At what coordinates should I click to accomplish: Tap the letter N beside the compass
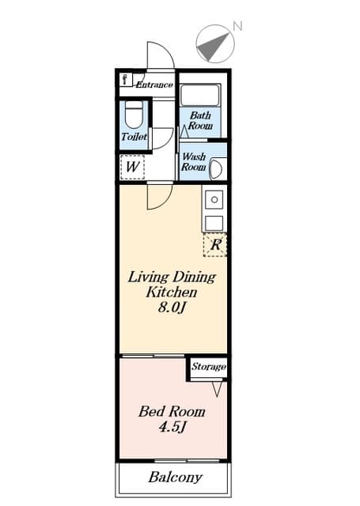237,27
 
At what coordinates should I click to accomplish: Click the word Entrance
154,85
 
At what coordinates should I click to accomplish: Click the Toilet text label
134,137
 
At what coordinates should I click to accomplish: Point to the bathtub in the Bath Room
201,96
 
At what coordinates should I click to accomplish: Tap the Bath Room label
200,120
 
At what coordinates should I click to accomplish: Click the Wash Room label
194,162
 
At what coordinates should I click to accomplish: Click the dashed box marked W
132,167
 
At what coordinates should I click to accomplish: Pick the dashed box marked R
215,245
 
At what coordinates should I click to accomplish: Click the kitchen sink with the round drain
214,201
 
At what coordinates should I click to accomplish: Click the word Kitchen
169,292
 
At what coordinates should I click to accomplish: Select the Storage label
209,367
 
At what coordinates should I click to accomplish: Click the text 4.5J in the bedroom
171,427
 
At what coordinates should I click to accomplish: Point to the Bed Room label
172,411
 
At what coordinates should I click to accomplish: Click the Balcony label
175,478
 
